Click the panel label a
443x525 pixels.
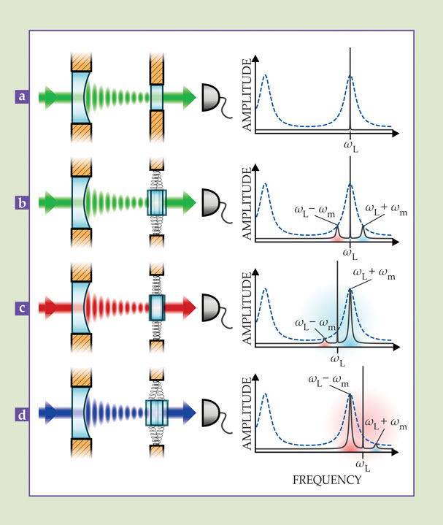pyautogui.click(x=23, y=96)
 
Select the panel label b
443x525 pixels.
pyautogui.click(x=23, y=202)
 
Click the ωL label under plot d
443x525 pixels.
pyautogui.click(x=363, y=464)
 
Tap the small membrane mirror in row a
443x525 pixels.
pyautogui.click(x=158, y=96)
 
